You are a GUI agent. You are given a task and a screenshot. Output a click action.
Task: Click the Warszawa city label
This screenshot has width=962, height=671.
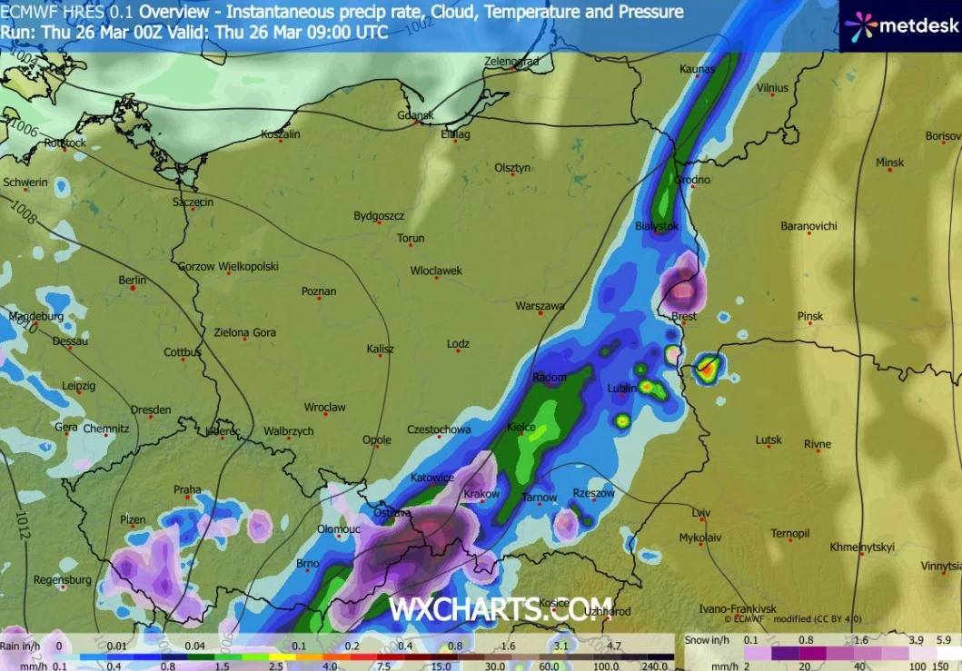pyautogui.click(x=540, y=307)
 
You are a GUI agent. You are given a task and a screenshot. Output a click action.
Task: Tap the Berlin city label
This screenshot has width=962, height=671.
pyautogui.click(x=133, y=281)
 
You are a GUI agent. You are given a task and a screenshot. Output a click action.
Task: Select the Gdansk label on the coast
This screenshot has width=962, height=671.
pyautogui.click(x=415, y=115)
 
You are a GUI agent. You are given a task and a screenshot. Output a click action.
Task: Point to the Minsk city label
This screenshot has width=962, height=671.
pyautogui.click(x=890, y=163)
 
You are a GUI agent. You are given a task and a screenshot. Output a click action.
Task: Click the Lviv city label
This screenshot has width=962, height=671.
pyautogui.click(x=700, y=512)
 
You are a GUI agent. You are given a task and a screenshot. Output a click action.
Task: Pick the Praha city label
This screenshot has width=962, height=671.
pyautogui.click(x=187, y=490)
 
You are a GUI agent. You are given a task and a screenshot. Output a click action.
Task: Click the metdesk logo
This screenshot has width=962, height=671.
pyautogui.click(x=899, y=25)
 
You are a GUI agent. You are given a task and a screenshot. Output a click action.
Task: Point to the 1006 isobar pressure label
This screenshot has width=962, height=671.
pyautogui.click(x=25, y=131)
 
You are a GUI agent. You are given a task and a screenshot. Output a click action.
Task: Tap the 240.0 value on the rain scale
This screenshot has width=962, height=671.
pyautogui.click(x=654, y=666)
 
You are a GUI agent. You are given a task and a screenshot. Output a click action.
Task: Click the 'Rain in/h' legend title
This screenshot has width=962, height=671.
pyautogui.click(x=20, y=646)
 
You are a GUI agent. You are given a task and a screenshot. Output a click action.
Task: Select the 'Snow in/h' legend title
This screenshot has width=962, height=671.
pyautogui.click(x=709, y=640)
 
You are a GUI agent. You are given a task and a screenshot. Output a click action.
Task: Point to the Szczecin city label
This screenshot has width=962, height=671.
pyautogui.click(x=193, y=202)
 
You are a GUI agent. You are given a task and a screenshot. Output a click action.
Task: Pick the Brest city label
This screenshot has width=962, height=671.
pyautogui.click(x=683, y=317)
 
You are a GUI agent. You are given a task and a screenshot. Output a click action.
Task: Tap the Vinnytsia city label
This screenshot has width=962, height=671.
pyautogui.click(x=939, y=566)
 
